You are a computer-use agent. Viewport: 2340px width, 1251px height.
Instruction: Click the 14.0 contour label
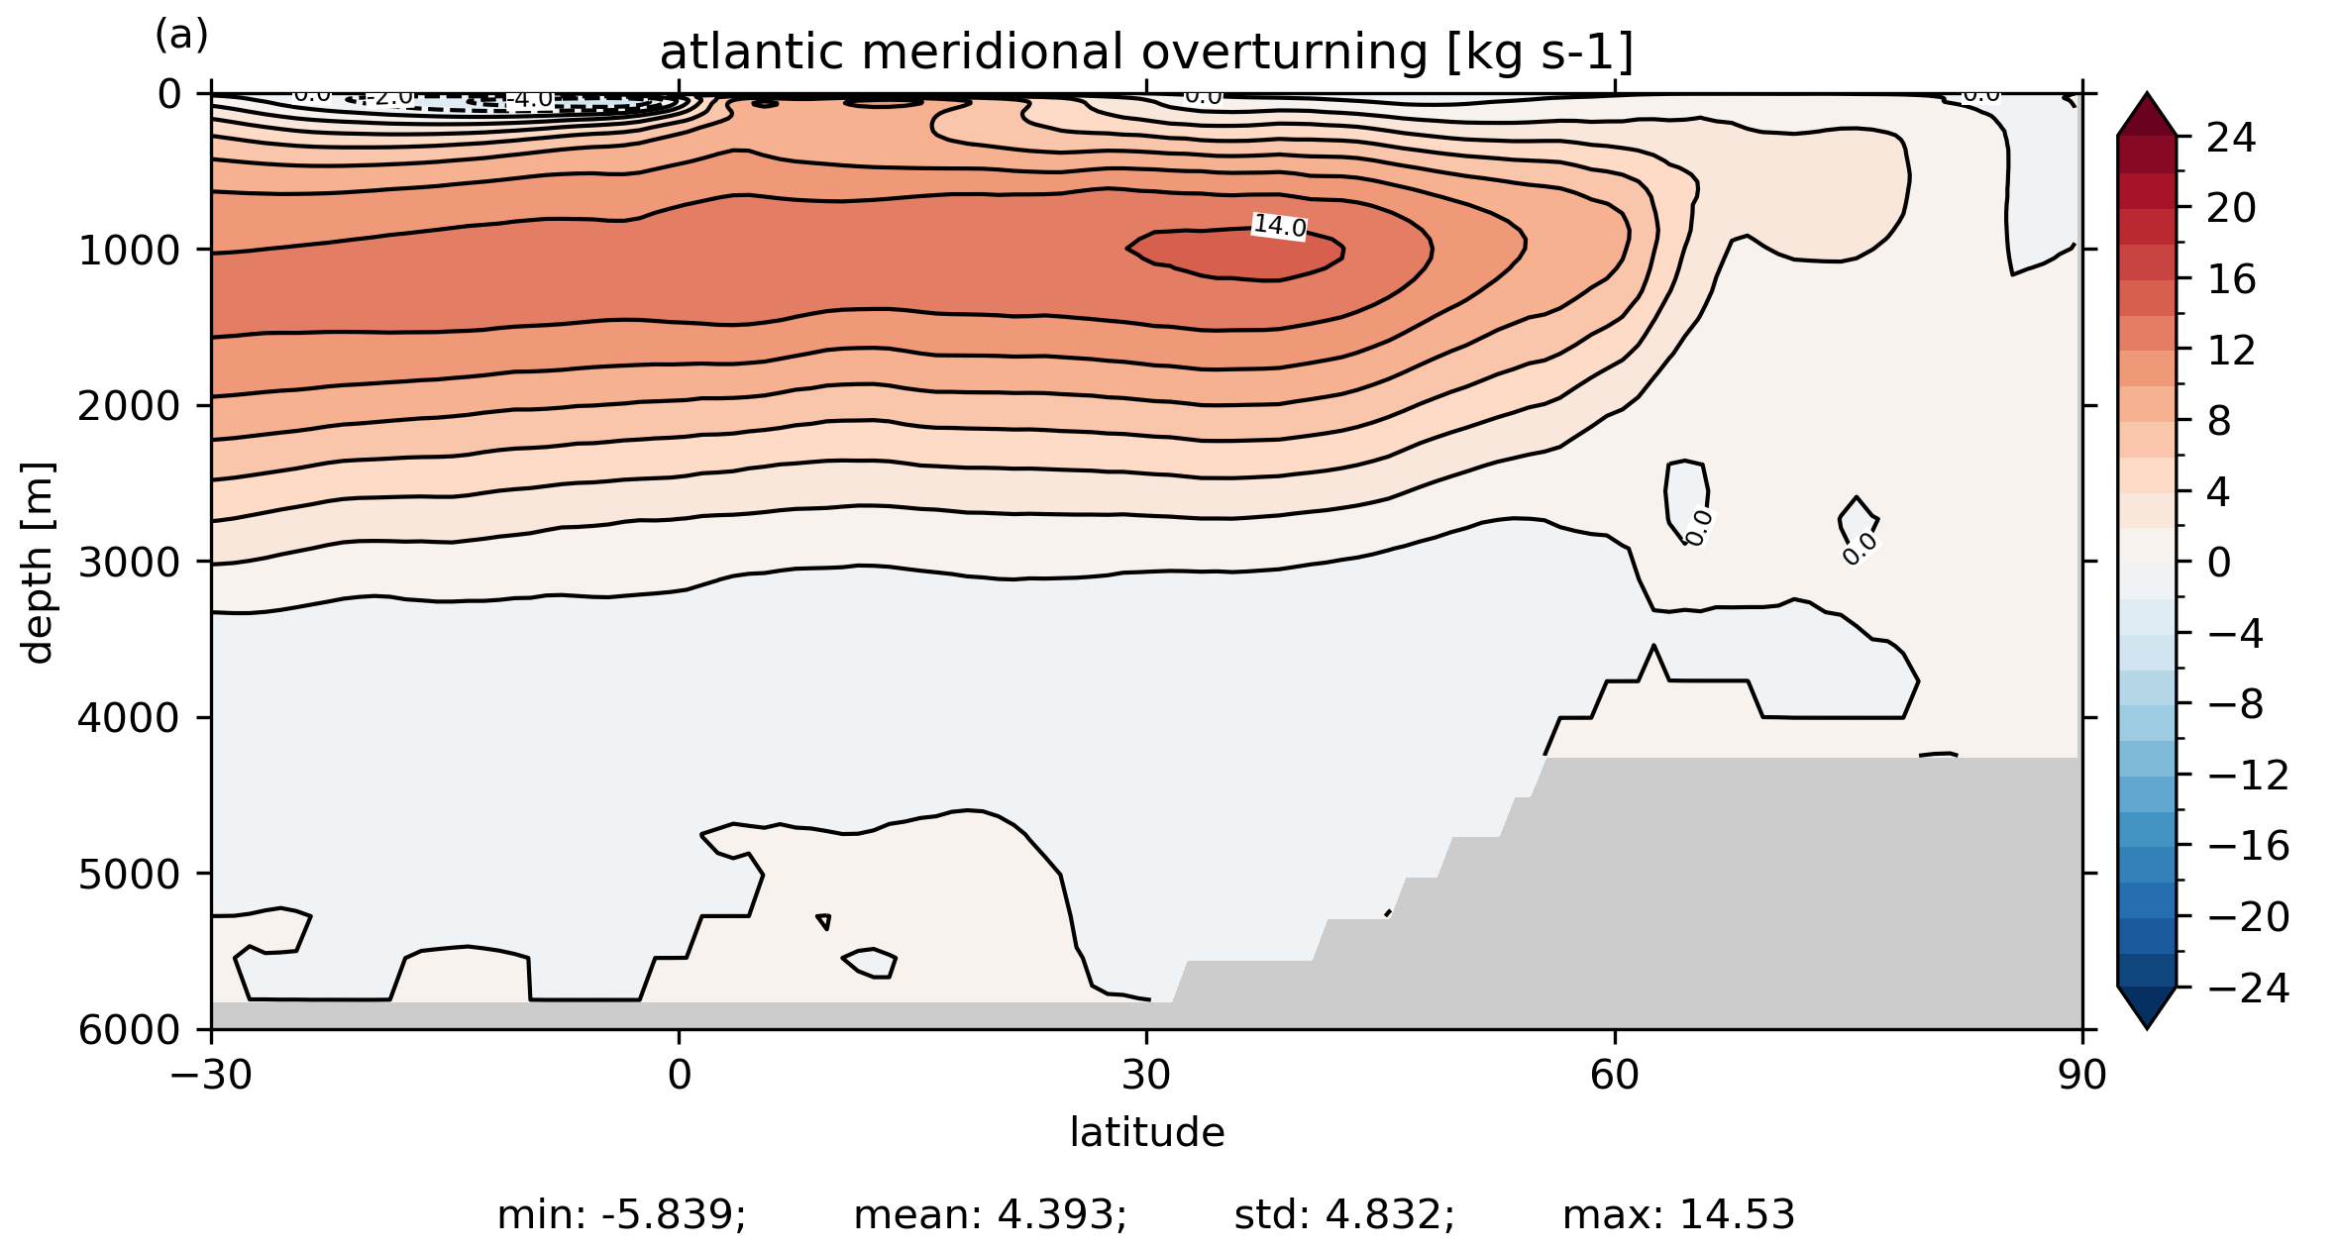(1279, 227)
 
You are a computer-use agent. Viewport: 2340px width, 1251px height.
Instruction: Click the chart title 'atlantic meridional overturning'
(1146, 52)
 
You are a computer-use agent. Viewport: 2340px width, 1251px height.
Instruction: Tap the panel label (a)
(181, 36)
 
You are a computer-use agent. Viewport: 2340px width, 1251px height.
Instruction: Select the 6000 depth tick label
(129, 1030)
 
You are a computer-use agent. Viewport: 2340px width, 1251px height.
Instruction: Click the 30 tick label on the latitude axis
(1146, 1075)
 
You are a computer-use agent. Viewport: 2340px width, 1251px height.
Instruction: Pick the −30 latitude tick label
(210, 1075)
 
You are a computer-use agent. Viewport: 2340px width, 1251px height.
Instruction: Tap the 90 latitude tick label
(2081, 1075)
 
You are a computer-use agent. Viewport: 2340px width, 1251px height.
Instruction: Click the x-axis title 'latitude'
(1146, 1132)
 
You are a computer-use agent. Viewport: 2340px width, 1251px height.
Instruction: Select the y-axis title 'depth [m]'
(38, 562)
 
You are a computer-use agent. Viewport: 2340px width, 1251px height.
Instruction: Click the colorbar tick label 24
(2231, 138)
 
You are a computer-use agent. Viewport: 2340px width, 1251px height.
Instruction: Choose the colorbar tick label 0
(2219, 563)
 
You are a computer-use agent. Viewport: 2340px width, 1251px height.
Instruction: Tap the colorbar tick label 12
(2231, 351)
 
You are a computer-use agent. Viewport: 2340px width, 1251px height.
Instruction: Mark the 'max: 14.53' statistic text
(1678, 1214)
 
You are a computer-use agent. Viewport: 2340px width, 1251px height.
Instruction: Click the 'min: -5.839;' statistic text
(621, 1214)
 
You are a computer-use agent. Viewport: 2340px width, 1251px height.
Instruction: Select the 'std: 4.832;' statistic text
(1344, 1214)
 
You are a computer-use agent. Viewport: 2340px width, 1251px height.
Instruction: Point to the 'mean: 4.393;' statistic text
(990, 1214)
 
